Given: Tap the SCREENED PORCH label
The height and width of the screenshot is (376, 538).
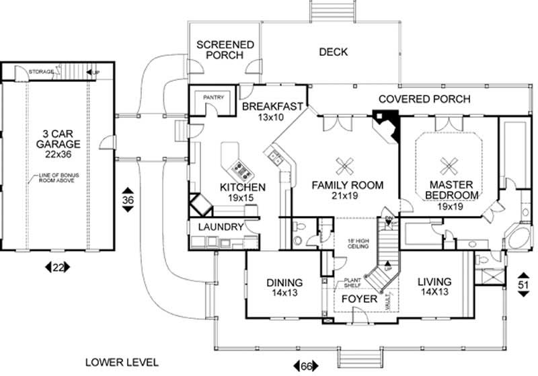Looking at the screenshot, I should pos(225,50).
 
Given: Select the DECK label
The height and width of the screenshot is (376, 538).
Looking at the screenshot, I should pos(332,51).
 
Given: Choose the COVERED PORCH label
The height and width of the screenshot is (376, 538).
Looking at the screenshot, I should pos(424,99).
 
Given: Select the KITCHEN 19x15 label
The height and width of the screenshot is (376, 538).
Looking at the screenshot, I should pos(243,192).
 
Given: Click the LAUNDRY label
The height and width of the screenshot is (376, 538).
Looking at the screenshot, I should pos(220,227).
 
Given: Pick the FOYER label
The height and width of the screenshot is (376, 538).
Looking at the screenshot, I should pos(358,298).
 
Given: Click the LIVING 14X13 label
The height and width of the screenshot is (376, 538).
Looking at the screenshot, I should pos(434,287).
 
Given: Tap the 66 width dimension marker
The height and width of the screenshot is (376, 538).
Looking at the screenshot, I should pos(305,365).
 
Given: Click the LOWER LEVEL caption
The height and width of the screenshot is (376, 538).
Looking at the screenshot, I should pos(122,363).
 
